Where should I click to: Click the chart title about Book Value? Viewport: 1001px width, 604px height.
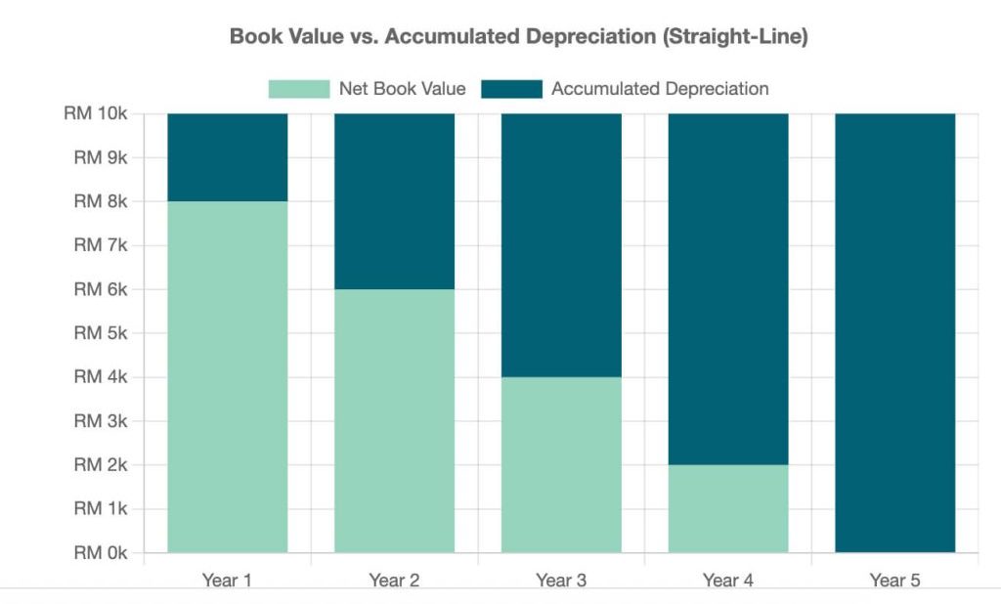pos(518,37)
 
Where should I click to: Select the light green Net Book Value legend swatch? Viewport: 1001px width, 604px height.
pos(298,89)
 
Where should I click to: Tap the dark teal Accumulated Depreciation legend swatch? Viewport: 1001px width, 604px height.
pos(511,89)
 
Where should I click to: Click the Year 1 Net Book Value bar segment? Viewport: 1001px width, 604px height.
pos(228,376)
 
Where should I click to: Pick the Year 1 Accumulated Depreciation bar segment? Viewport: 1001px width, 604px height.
pos(228,157)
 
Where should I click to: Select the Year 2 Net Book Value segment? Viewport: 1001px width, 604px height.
pos(394,420)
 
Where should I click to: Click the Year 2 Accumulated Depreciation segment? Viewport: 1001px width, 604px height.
pos(394,201)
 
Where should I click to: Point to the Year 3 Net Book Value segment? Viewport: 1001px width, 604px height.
pos(561,464)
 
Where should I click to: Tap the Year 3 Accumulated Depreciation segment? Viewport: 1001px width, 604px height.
pos(561,245)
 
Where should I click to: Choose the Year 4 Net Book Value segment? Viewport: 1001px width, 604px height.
pos(728,508)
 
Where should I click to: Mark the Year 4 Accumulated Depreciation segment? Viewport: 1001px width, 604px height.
pos(728,289)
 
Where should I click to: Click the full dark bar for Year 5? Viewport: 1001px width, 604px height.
pos(894,332)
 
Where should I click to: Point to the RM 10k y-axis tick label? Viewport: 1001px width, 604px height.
pos(95,113)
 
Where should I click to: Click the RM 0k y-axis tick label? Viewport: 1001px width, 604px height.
pos(100,553)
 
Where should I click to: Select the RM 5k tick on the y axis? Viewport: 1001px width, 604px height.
pos(100,333)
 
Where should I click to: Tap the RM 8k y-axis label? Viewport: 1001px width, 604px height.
pos(100,201)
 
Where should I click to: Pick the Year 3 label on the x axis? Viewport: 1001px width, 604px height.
pos(561,581)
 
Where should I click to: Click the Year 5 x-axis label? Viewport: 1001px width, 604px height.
pos(894,581)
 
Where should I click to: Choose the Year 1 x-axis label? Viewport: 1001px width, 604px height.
pos(228,581)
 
